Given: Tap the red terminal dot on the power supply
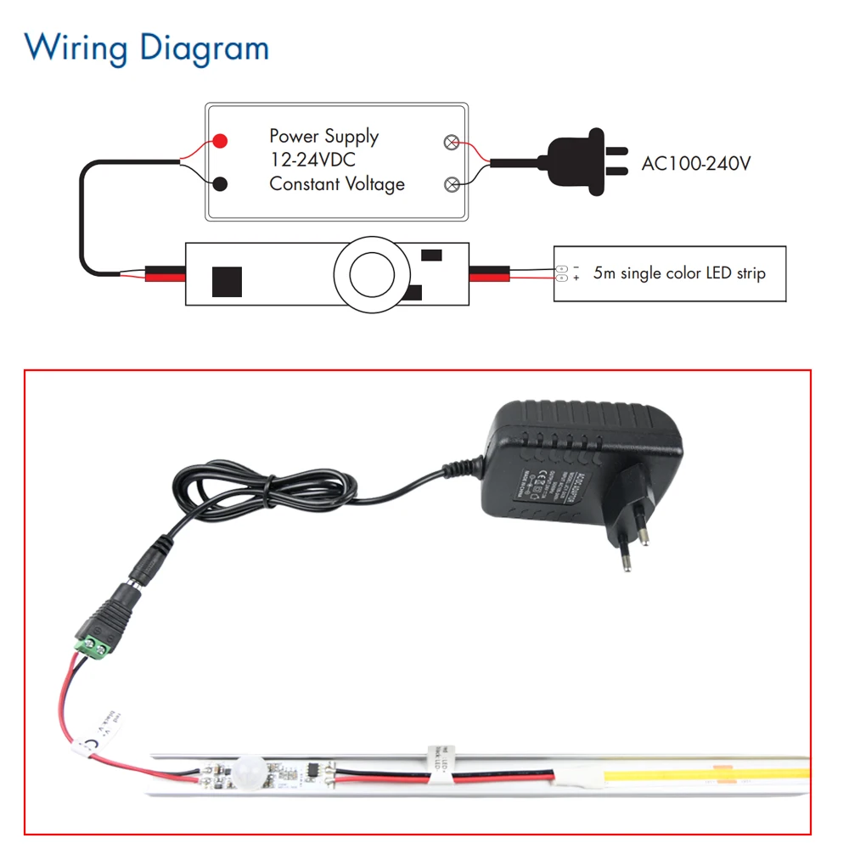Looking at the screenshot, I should point(220,141).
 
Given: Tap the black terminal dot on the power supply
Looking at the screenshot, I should point(220,183).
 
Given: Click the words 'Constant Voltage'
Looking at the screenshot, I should point(337,183).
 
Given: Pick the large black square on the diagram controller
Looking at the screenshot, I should point(227,281).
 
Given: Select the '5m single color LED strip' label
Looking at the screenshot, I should point(679,273).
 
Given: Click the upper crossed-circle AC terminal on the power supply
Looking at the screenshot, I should point(453,143).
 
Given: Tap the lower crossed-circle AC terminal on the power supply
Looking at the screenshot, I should point(453,183).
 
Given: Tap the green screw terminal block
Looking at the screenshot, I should point(96,648).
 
